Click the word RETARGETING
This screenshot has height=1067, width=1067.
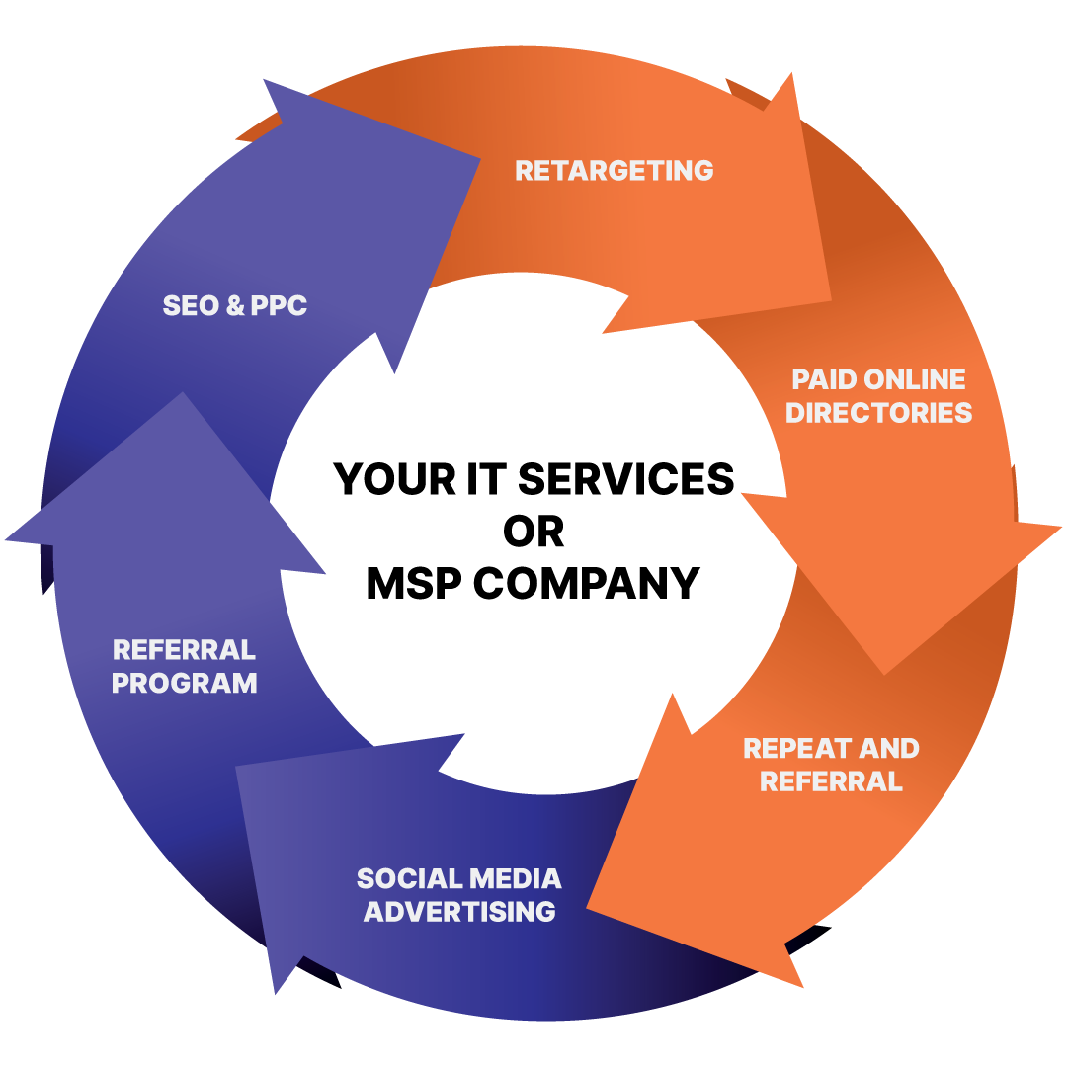point(614,170)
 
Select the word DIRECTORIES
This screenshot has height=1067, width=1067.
point(879,413)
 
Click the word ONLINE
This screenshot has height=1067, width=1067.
point(915,380)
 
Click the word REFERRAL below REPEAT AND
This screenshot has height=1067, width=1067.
point(831,781)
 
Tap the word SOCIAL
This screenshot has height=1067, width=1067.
point(406,878)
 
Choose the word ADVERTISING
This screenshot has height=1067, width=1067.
point(459,911)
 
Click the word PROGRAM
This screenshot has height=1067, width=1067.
point(184,683)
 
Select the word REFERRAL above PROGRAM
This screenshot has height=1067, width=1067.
point(184,650)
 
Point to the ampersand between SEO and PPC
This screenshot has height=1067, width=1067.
point(234,306)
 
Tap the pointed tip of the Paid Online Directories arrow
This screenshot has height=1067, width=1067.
point(884,674)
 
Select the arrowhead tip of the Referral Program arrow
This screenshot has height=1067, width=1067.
point(181,394)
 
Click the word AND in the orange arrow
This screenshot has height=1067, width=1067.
point(891,749)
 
